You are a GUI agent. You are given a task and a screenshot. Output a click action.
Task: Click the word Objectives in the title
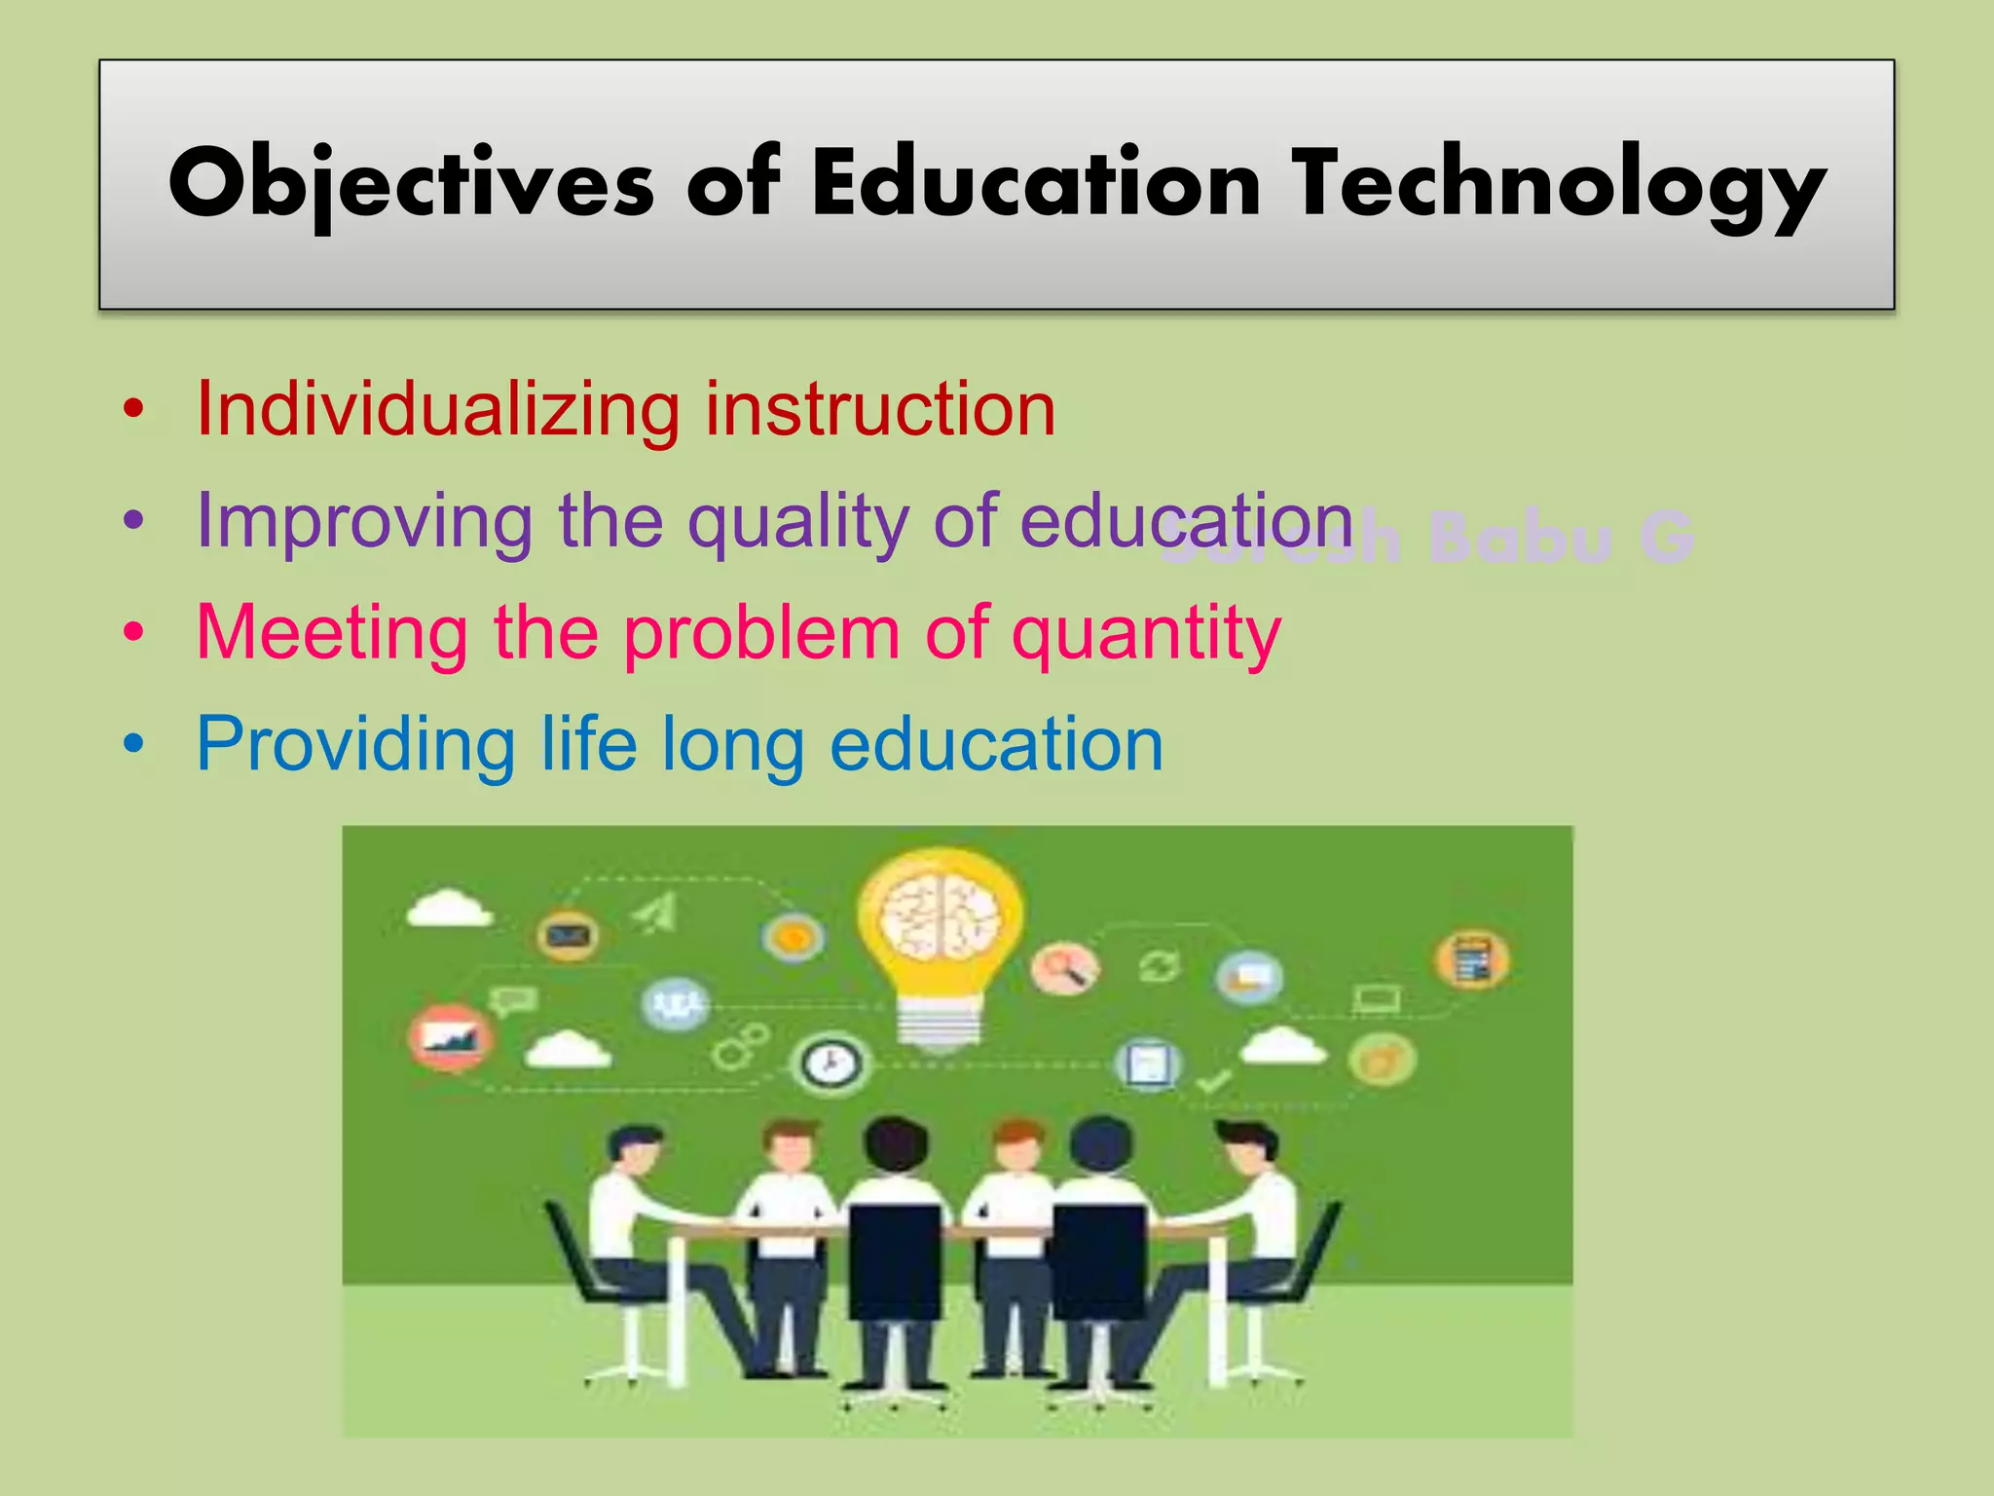[x=409, y=185]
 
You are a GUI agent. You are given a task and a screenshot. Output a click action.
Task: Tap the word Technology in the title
[x=1558, y=185]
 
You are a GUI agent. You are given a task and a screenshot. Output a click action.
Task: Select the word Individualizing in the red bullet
[x=438, y=409]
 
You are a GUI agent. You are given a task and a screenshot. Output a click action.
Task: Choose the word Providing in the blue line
[x=355, y=746]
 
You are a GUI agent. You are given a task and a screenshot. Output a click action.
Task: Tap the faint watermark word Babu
[x=1519, y=538]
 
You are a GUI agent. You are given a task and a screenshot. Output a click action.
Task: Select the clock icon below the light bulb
[x=831, y=1064]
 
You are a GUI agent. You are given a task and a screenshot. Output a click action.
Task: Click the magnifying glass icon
[x=1065, y=969]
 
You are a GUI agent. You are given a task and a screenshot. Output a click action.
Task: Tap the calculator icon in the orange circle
[x=1472, y=959]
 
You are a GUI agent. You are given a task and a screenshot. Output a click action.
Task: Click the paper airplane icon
[x=657, y=914]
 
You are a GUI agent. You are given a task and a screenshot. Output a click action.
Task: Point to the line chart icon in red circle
[x=450, y=1038]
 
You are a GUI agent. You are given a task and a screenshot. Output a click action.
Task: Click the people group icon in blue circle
[x=676, y=1003]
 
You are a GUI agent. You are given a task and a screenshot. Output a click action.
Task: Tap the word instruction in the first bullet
[x=880, y=409]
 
